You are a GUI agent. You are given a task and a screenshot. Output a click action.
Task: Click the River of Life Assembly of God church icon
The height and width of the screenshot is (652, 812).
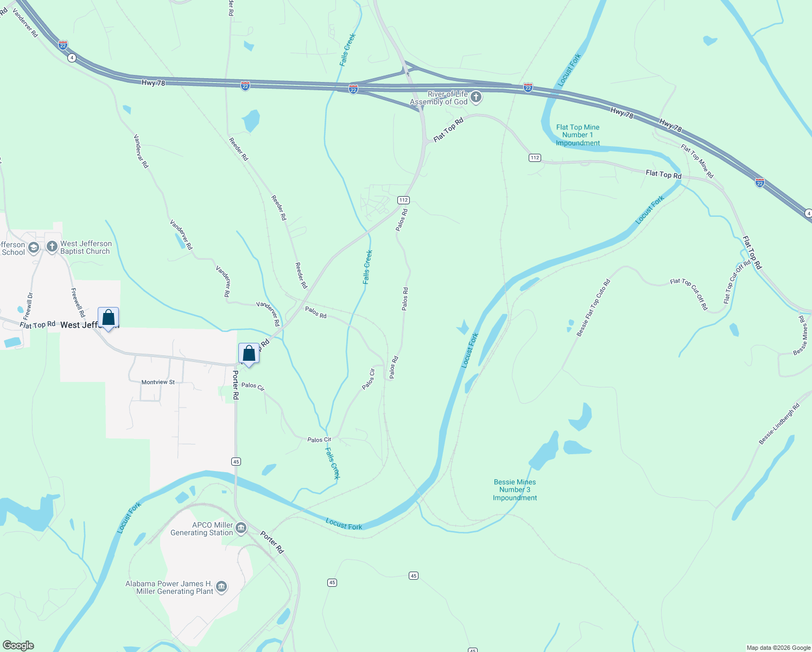tap(476, 97)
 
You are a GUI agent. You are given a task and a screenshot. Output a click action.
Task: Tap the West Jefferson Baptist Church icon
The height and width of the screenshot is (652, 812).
tap(52, 247)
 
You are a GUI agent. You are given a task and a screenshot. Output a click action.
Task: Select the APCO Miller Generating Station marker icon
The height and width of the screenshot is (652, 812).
tap(241, 528)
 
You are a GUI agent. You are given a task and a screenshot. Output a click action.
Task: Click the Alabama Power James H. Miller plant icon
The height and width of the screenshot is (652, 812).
tap(221, 587)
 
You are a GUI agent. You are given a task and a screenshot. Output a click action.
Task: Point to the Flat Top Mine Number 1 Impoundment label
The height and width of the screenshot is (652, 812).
tap(578, 135)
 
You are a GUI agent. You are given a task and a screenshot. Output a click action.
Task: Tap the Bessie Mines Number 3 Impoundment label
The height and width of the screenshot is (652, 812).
tap(515, 490)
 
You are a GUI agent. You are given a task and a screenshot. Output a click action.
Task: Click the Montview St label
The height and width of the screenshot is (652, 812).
tap(158, 382)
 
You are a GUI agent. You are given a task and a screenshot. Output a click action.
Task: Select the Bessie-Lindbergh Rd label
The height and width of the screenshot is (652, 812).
tap(779, 424)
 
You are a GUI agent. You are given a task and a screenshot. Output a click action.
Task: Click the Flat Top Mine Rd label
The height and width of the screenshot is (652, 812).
tap(697, 161)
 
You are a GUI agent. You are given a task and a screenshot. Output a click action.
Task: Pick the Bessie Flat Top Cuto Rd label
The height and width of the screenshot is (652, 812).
tap(594, 308)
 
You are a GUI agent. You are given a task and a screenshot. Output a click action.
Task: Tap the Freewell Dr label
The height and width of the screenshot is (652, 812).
tap(28, 306)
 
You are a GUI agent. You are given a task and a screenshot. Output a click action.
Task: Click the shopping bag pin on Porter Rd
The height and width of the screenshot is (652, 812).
tap(249, 354)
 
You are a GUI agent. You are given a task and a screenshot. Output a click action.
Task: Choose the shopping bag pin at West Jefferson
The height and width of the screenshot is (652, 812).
tap(108, 317)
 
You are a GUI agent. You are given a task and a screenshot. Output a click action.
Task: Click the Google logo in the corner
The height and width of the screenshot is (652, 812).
tap(18, 645)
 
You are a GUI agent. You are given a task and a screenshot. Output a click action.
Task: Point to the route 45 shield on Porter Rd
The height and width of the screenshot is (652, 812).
tap(236, 461)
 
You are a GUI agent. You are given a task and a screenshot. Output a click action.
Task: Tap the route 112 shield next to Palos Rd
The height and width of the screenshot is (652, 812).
tap(403, 200)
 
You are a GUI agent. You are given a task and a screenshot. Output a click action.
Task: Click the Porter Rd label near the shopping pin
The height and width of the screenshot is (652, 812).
tap(236, 385)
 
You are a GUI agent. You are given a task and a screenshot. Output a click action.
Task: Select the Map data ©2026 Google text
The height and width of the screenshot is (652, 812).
tap(778, 648)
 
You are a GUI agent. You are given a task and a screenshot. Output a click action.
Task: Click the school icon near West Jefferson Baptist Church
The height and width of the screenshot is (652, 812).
tap(33, 248)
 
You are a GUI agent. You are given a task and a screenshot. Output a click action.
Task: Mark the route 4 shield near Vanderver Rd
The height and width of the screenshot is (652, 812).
tap(72, 58)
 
